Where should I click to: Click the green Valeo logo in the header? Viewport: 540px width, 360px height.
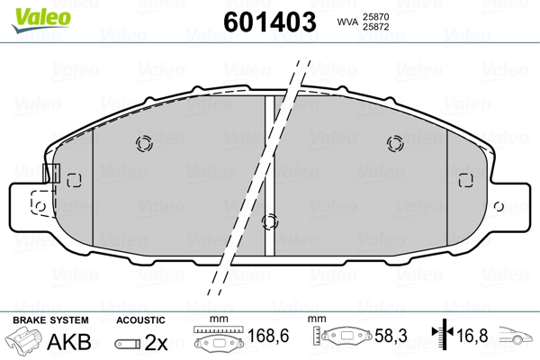click(x=41, y=20)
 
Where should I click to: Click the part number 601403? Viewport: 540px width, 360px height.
click(x=270, y=22)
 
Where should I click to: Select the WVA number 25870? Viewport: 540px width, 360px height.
click(x=375, y=17)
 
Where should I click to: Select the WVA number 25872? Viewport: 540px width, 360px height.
click(x=375, y=27)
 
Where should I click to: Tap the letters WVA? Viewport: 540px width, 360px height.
click(x=347, y=22)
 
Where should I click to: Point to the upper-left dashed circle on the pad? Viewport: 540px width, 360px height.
click(x=144, y=143)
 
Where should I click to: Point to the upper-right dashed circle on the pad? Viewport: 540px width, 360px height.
click(x=395, y=143)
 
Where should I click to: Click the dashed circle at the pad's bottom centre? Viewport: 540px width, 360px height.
click(x=270, y=221)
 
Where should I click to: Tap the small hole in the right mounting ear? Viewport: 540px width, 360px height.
click(x=499, y=206)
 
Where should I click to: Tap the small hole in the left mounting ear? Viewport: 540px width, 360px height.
click(x=40, y=206)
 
